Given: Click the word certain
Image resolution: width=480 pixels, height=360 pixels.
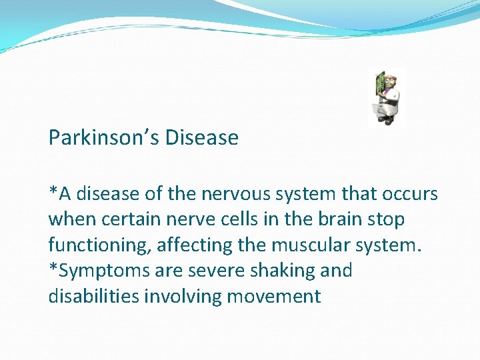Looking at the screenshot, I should tap(127, 219).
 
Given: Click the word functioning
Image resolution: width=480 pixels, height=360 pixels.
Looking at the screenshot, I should tap(100, 245).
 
